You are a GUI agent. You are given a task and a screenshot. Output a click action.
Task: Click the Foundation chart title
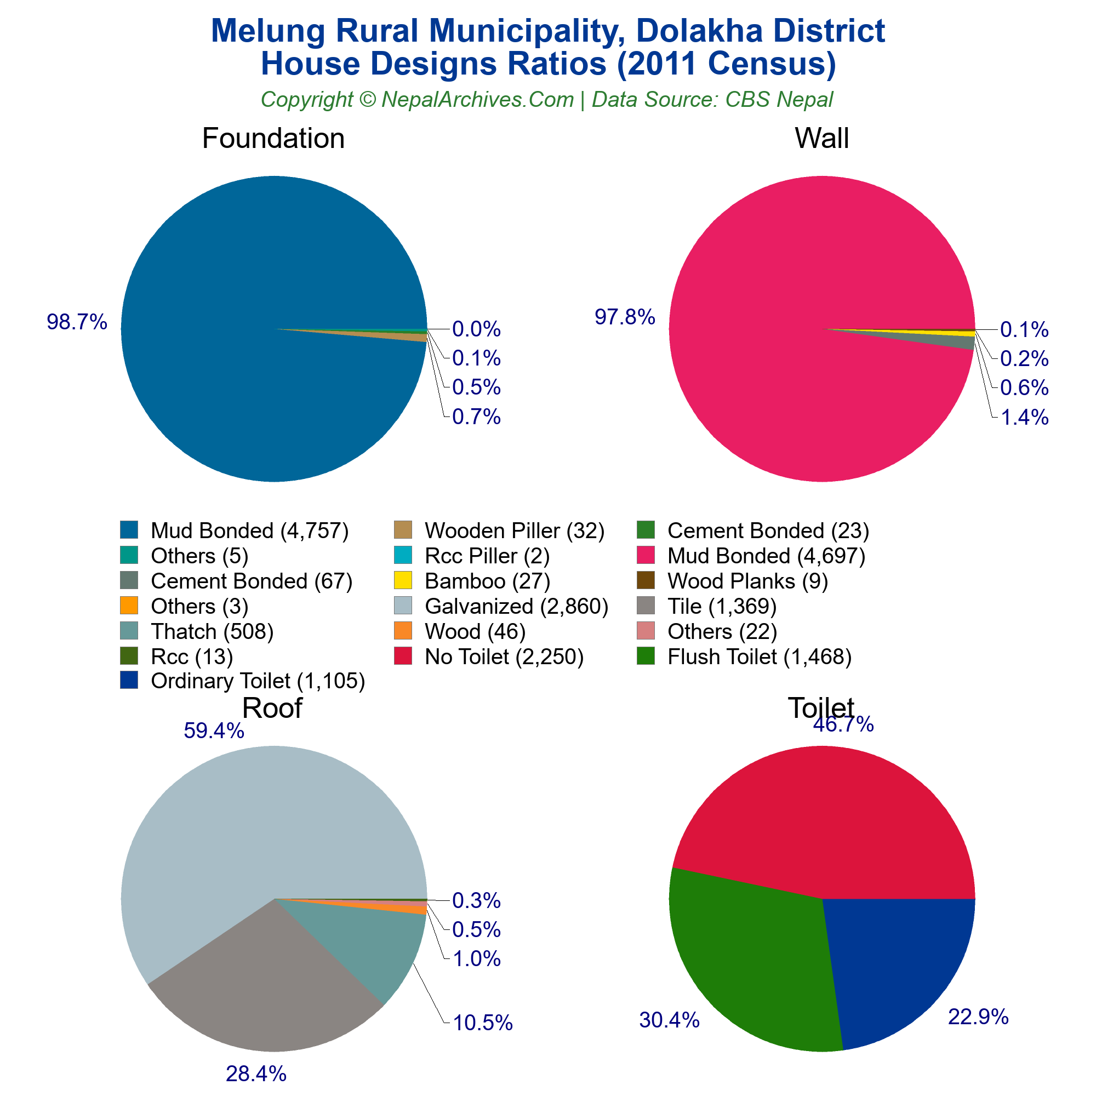click(273, 139)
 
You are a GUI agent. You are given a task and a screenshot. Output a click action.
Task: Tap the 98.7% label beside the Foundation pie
click(77, 322)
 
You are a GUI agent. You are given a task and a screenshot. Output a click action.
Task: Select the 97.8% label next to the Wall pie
click(625, 317)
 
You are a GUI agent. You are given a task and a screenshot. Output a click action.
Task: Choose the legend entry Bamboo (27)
click(487, 581)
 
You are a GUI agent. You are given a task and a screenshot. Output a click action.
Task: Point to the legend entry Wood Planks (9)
click(747, 581)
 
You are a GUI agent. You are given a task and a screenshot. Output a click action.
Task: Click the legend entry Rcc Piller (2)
click(487, 556)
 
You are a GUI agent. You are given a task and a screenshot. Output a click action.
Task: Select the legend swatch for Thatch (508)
click(129, 630)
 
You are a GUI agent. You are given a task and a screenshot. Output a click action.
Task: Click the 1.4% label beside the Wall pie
click(1024, 418)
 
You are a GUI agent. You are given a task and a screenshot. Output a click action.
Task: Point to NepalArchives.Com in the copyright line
click(477, 100)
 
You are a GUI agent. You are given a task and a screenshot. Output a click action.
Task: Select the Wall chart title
click(821, 139)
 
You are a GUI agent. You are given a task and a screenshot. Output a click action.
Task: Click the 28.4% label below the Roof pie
click(256, 1074)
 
